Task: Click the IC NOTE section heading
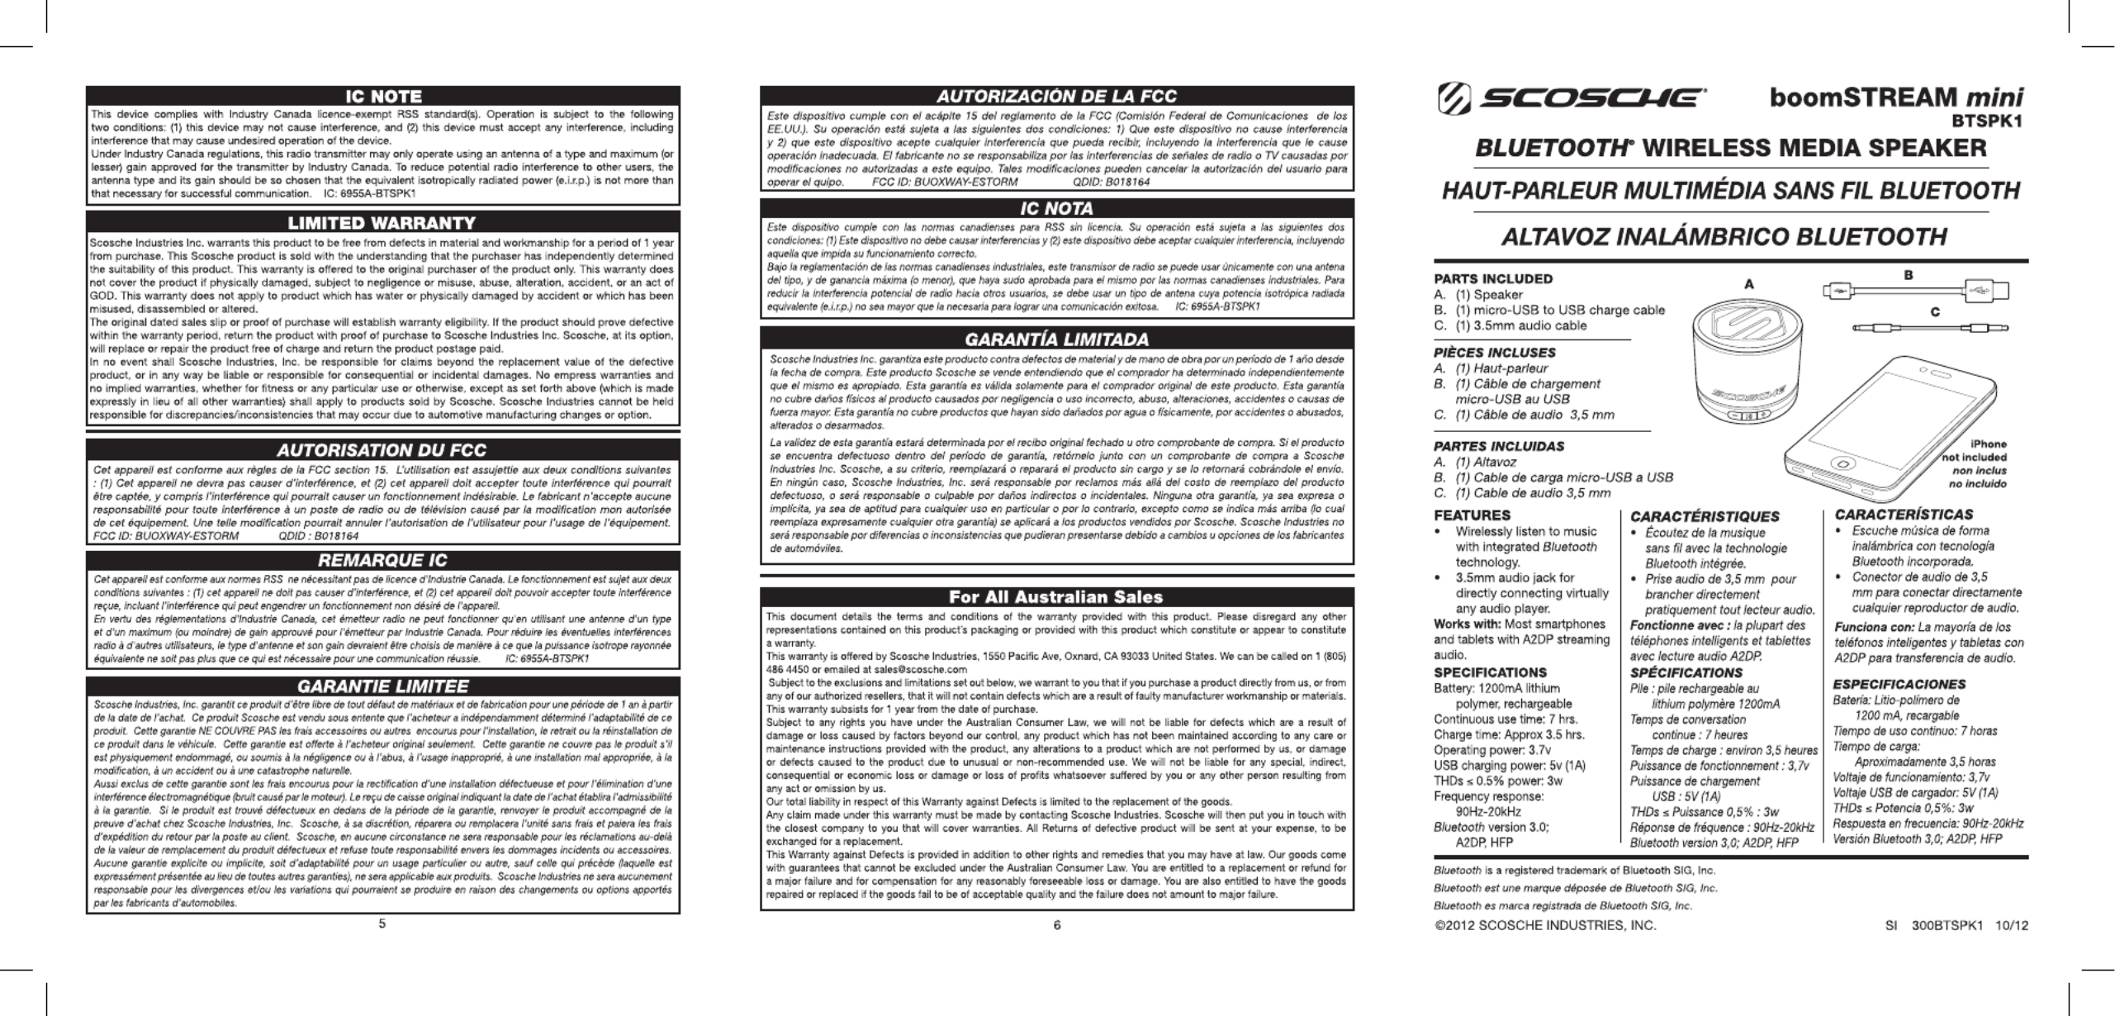[382, 97]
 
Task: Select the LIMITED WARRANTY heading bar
[382, 223]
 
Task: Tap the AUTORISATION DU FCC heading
[382, 450]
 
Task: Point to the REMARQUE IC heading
[382, 562]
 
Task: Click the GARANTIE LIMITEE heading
[382, 686]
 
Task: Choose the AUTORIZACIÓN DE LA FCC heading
[1056, 97]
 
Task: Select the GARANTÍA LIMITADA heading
[1056, 339]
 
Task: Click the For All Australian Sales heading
[1056, 596]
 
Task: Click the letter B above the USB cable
[1909, 275]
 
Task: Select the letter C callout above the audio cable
[1934, 312]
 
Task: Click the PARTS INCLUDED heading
[1493, 279]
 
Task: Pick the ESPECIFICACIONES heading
[1898, 684]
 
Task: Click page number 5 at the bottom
[382, 924]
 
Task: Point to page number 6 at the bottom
[1056, 925]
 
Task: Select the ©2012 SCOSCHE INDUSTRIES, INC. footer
[1545, 926]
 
